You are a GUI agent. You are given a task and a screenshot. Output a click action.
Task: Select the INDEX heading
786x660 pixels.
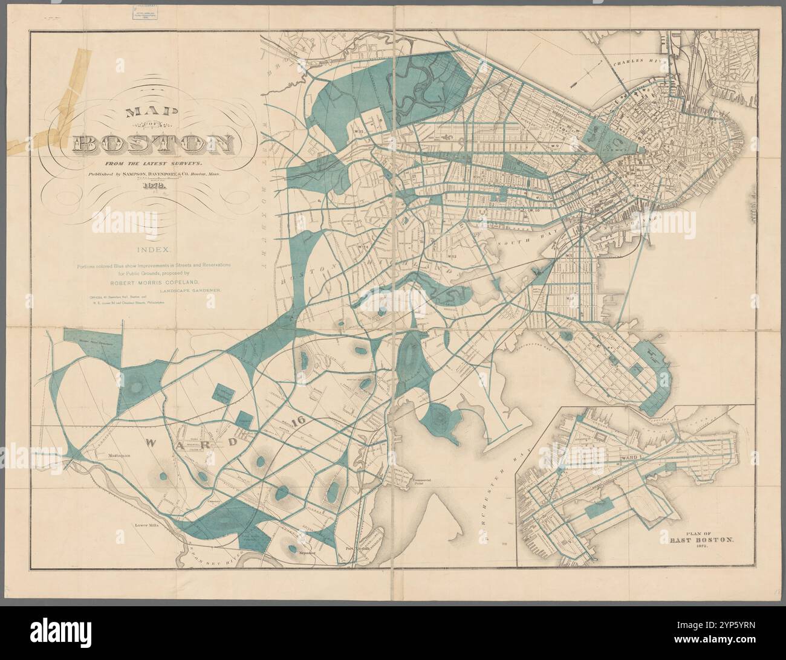(154, 249)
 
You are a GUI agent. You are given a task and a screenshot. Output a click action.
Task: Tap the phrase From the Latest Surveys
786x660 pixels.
(154, 163)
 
